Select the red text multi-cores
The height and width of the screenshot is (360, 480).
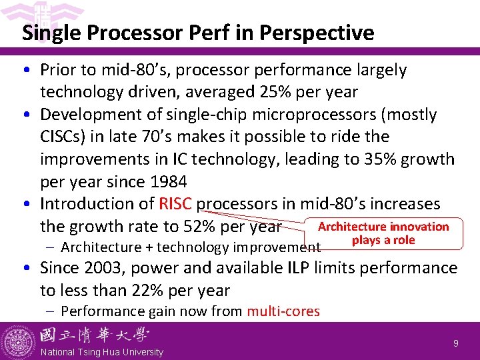[283, 311]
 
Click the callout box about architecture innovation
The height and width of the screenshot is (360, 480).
[383, 233]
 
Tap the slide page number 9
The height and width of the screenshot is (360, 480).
[456, 343]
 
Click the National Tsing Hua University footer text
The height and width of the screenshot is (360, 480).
[102, 352]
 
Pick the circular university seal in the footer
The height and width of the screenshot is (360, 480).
[19, 341]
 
